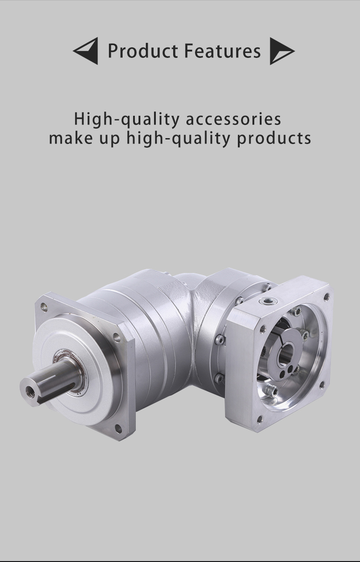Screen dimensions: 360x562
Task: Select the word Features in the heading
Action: pyautogui.click(x=222, y=51)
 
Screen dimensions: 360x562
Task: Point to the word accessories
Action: pyautogui.click(x=233, y=119)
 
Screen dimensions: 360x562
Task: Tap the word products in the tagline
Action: pyautogui.click(x=274, y=139)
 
